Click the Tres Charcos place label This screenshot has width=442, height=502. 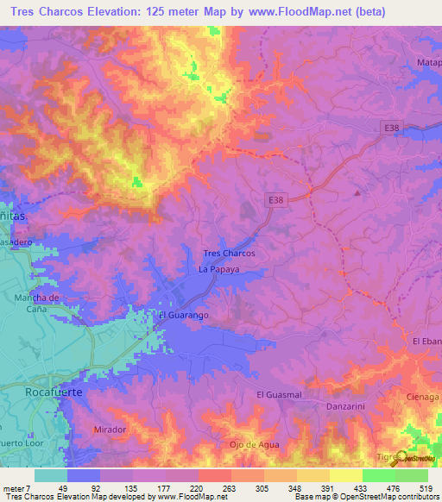(228, 254)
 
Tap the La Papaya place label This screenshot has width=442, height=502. (218, 270)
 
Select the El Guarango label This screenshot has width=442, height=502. (183, 316)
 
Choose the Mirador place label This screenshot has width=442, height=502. (110, 429)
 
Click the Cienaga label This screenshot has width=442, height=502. (423, 397)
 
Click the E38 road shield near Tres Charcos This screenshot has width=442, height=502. (275, 200)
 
